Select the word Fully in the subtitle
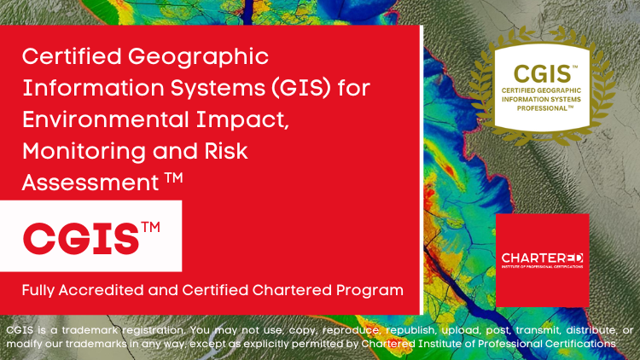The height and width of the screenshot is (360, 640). coord(42,290)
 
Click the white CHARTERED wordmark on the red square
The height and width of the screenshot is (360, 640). coord(542,256)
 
